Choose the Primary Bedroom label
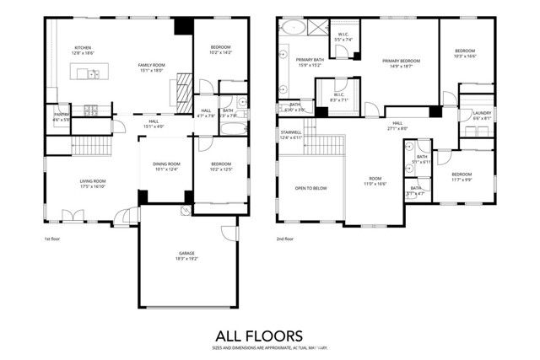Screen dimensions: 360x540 click(x=402, y=62)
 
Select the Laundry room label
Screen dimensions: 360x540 click(x=482, y=116)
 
